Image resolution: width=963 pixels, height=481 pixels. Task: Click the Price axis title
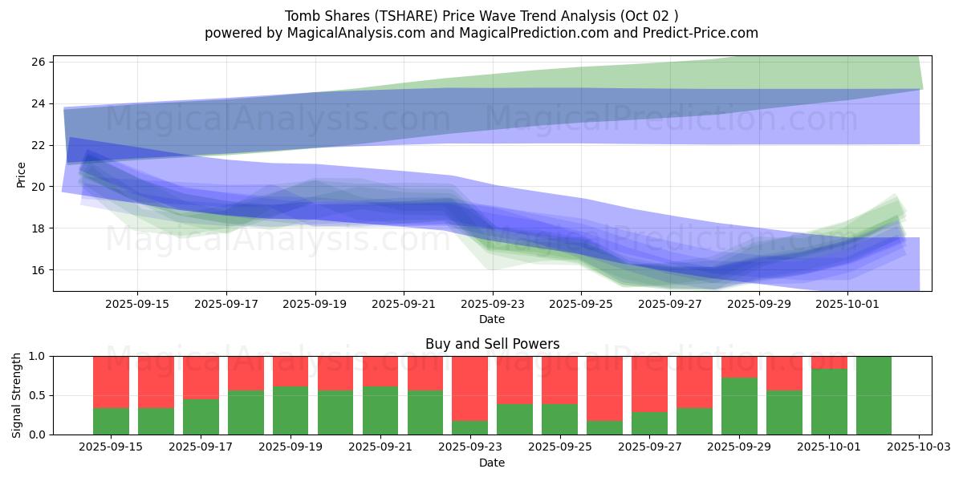click(x=22, y=174)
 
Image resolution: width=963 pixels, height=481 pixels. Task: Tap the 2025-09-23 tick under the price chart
click(x=492, y=304)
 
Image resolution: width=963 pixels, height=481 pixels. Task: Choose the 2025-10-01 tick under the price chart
click(x=847, y=304)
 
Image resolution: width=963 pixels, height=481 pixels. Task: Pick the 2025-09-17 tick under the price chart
click(x=226, y=304)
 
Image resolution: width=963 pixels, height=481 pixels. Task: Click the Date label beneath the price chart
click(x=492, y=319)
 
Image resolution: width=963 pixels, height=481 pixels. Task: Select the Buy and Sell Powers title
click(x=492, y=344)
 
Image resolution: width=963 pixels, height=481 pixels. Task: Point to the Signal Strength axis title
click(x=17, y=395)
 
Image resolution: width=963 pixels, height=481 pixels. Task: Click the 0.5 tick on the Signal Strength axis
click(x=38, y=395)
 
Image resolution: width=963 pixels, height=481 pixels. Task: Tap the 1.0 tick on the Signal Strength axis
click(x=38, y=356)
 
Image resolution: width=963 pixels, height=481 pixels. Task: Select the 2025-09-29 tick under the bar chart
click(x=739, y=447)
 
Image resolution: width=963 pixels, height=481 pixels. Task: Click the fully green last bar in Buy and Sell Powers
click(x=874, y=395)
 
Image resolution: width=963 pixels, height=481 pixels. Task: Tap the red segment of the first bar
click(x=111, y=382)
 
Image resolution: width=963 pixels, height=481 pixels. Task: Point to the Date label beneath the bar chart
click(x=492, y=463)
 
